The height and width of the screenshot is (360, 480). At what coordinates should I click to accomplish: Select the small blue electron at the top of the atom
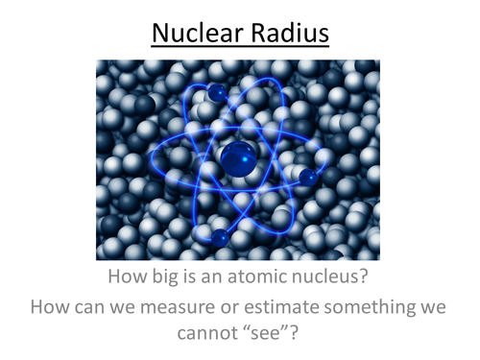(x=217, y=92)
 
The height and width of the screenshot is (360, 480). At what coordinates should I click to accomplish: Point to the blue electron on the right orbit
(x=309, y=178)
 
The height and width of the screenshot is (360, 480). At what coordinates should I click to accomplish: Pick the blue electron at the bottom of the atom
(x=222, y=236)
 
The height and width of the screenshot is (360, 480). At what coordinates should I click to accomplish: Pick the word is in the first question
(x=211, y=279)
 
